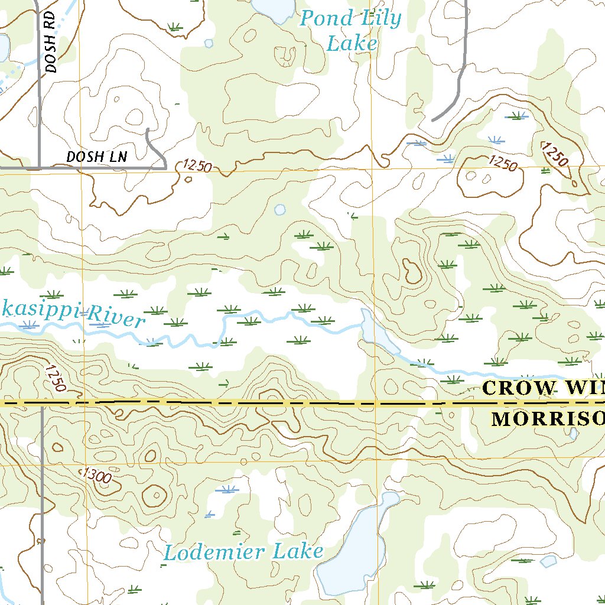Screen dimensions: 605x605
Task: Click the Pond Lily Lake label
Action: (350, 31)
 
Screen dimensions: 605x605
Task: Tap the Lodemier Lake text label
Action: (243, 552)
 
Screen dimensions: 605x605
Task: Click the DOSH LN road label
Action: (97, 157)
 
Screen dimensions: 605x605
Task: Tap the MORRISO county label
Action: (547, 419)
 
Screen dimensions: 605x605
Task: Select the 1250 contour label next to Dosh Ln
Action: (197, 166)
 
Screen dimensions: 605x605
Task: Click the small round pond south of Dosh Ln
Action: (279, 210)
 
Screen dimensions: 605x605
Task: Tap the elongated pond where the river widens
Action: (376, 334)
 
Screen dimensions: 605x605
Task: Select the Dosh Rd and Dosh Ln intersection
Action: (40, 167)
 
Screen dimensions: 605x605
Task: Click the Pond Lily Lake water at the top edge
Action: (273, 7)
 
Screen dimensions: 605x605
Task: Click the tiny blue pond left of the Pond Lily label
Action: (208, 43)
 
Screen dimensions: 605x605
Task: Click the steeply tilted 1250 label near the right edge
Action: (555, 155)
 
